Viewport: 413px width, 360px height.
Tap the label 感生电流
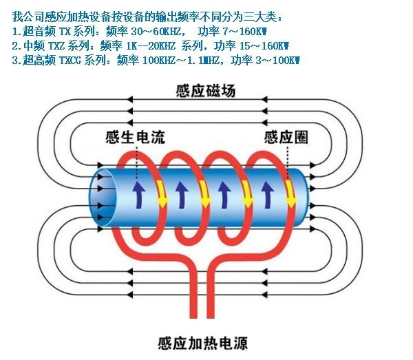click(136, 136)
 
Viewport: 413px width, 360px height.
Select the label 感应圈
click(285, 137)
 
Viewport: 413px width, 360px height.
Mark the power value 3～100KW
click(272, 61)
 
